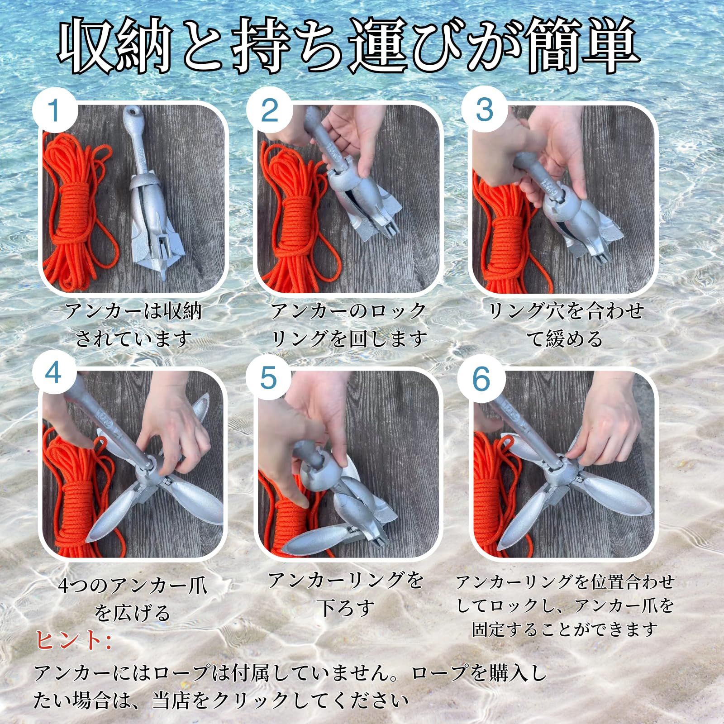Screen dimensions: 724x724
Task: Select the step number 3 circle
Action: pos(485,111)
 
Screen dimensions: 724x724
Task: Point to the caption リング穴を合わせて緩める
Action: pos(566,324)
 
